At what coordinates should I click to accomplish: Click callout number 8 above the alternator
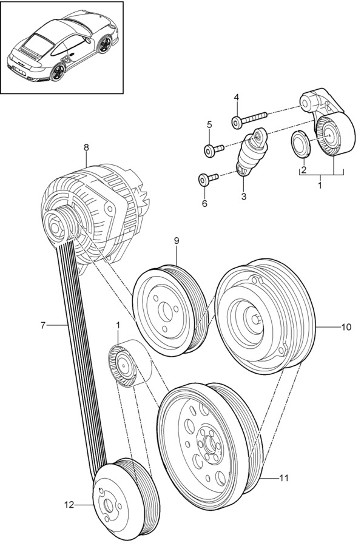coord(86,147)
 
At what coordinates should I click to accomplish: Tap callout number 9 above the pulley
coord(177,241)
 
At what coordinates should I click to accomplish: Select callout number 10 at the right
coord(346,327)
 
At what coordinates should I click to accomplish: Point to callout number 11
coord(285,478)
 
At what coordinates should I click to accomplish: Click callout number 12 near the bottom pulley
coord(69,504)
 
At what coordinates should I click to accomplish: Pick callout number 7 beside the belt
coord(43,326)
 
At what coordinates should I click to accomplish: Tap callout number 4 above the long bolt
coord(236,98)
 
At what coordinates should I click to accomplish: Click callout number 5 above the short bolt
coord(209,124)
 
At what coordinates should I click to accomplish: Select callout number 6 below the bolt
coord(204,203)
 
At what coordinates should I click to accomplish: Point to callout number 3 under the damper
coord(244,197)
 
